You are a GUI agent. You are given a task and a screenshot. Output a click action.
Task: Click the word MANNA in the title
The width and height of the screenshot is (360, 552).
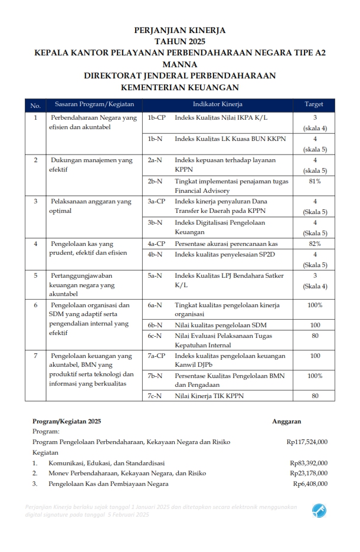click(179, 64)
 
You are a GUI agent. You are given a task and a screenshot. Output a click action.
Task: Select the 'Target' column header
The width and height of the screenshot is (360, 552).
click(313, 104)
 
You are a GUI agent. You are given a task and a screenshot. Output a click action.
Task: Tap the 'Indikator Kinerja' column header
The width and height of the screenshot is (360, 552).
click(218, 104)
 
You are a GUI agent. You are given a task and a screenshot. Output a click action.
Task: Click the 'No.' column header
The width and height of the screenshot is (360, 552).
click(35, 105)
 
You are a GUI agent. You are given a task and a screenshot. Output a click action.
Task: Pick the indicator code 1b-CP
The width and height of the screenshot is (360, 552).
click(156, 118)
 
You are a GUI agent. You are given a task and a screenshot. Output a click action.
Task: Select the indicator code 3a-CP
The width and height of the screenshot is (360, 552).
click(156, 202)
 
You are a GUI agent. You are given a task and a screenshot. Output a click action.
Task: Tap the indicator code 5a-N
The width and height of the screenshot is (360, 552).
click(155, 275)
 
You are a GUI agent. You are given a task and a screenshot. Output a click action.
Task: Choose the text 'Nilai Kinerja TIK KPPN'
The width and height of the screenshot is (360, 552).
click(209, 395)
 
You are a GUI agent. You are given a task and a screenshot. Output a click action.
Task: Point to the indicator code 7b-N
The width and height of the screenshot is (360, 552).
click(155, 376)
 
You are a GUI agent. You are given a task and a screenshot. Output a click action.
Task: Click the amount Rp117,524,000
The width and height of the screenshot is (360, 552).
click(307, 442)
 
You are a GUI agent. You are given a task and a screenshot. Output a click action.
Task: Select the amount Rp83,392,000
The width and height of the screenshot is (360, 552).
click(309, 463)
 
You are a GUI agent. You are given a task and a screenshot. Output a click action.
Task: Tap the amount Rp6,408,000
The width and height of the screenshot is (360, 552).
click(310, 484)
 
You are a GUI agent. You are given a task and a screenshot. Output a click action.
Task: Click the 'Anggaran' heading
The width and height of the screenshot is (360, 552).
click(287, 421)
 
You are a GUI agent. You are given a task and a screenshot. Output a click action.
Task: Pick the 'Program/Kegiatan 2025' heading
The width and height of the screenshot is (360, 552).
click(67, 421)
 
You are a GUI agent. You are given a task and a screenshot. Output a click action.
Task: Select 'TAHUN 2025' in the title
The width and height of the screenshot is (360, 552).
click(179, 41)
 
